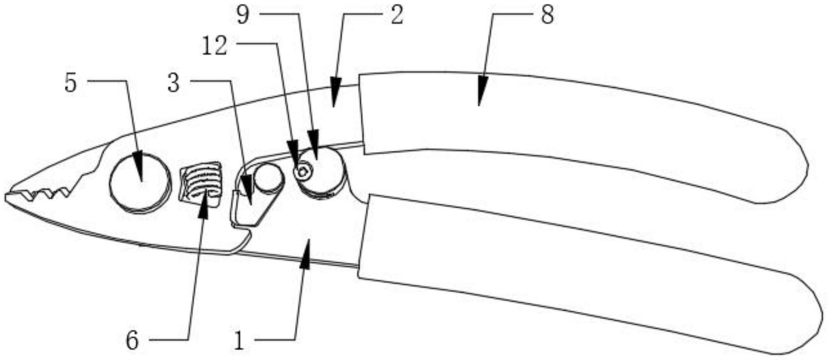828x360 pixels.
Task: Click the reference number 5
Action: [x=71, y=83]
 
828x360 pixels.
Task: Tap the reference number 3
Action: [x=174, y=83]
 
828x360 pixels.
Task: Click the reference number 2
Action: [x=396, y=16]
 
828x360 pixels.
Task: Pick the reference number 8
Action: [x=547, y=16]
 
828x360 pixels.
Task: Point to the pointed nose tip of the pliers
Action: [x=8, y=197]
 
